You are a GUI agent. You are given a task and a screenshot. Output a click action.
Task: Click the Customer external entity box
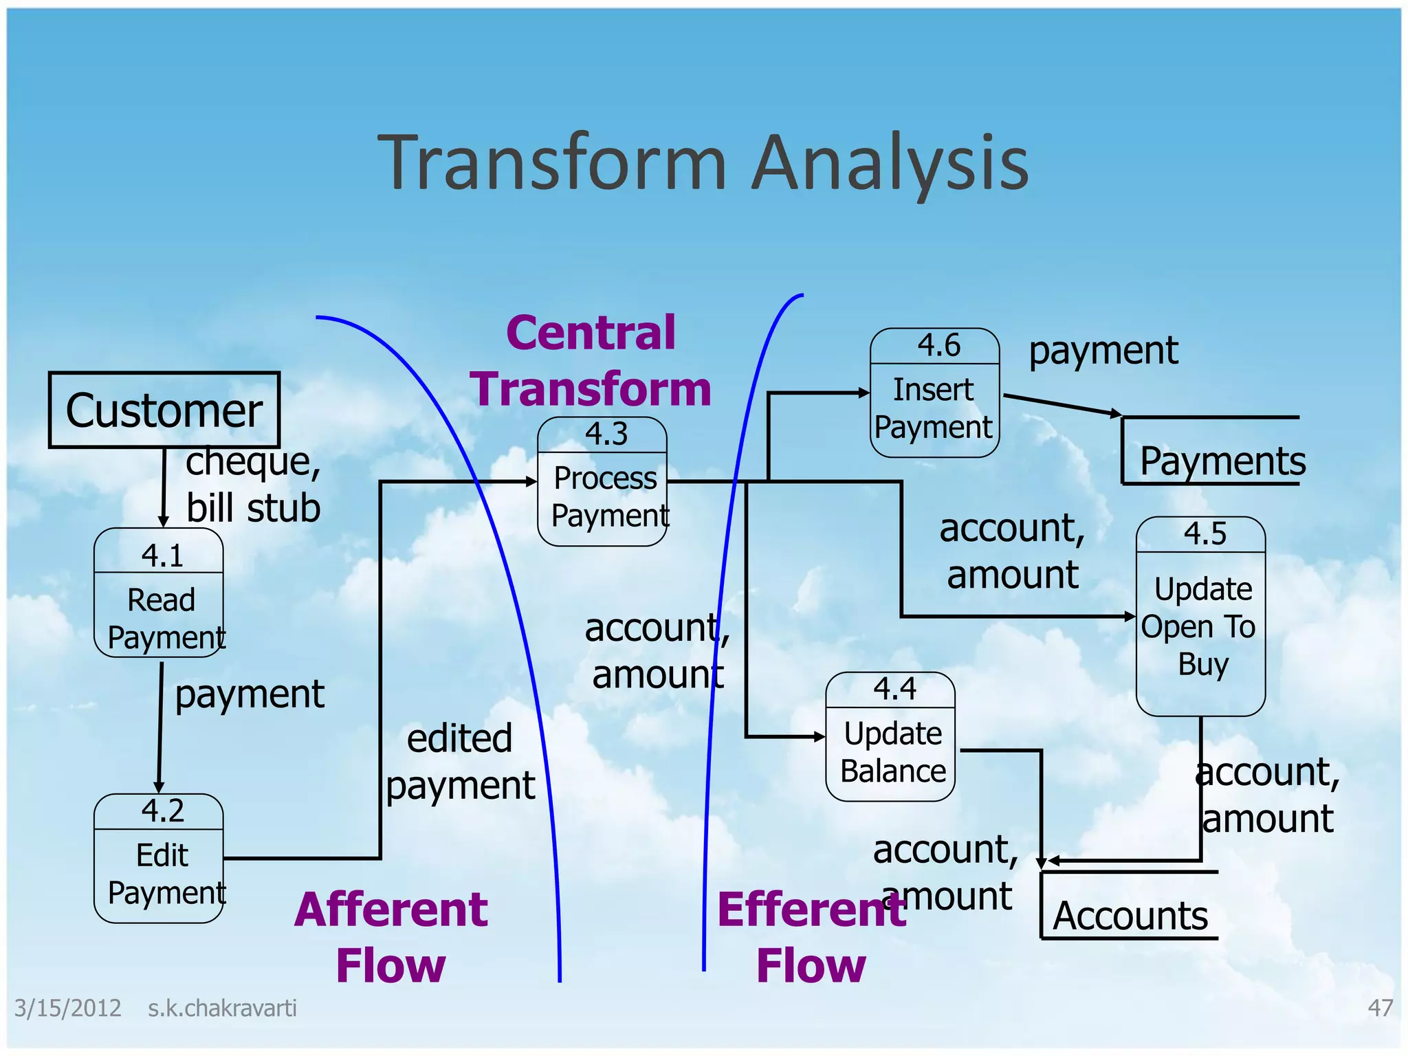164,410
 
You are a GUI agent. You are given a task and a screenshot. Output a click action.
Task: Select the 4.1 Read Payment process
159,593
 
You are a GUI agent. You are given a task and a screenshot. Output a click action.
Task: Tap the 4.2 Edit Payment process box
159,859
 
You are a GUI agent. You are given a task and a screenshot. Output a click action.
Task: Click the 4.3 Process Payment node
602,482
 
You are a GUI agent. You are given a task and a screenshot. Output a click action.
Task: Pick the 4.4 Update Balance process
890,737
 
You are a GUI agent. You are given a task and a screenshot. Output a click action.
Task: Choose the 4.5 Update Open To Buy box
1200,617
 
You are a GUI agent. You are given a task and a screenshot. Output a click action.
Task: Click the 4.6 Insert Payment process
934,393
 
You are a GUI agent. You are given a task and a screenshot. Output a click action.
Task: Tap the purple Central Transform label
591,361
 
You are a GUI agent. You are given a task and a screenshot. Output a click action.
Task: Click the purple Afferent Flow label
390,937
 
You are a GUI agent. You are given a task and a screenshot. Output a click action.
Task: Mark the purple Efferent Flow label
811,937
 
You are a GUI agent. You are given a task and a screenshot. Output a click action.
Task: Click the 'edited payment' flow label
460,762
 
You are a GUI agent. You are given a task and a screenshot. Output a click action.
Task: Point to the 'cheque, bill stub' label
253,484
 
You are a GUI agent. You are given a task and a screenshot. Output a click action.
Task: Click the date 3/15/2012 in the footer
67,1008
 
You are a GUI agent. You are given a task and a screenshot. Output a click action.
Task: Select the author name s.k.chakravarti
222,1008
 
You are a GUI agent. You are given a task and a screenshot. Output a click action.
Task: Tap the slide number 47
1380,1008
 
